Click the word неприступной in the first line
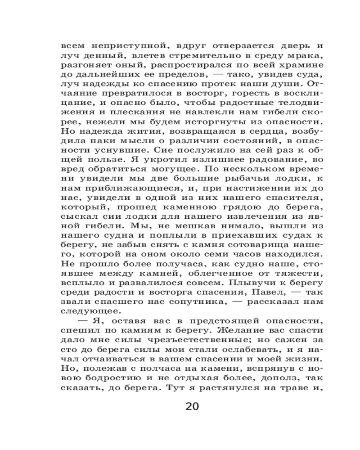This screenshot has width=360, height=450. (x=119, y=46)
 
